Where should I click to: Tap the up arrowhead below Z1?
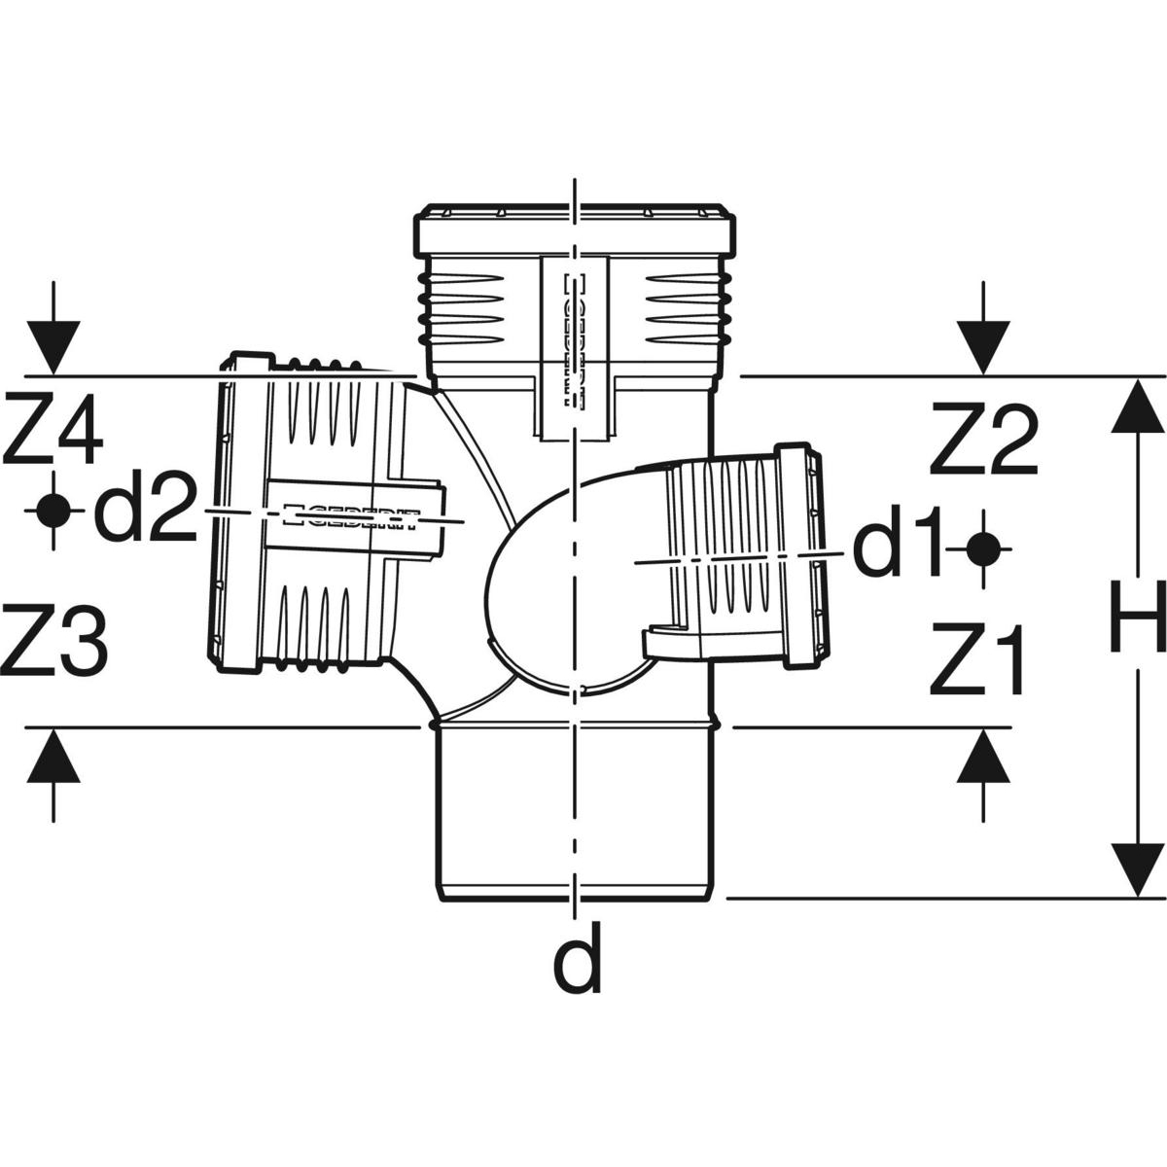tap(982, 756)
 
